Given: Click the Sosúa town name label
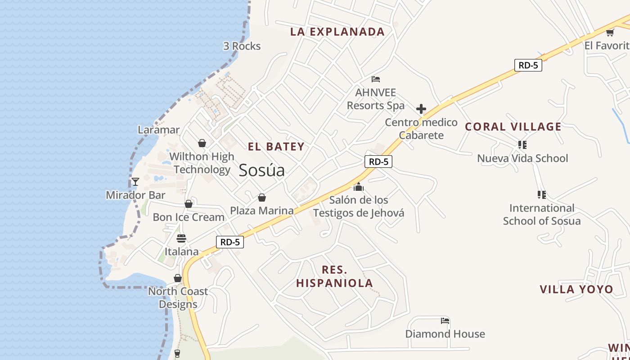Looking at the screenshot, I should (x=261, y=171).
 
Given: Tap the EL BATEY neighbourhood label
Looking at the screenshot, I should (x=276, y=147).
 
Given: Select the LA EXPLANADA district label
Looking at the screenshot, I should (x=337, y=32).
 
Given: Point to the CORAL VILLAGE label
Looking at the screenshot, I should (x=513, y=127).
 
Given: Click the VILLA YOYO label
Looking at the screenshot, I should (x=576, y=289).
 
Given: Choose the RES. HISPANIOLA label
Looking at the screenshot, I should (x=334, y=276).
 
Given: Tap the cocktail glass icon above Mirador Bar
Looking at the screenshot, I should (x=135, y=182).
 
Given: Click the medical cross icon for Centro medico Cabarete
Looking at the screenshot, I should (x=421, y=109).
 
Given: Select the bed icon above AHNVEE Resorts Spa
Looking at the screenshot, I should (x=376, y=80).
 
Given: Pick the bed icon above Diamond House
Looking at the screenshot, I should (x=445, y=321).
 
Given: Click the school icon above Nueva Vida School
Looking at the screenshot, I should (x=522, y=145).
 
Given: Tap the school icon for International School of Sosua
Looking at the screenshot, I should (x=541, y=195).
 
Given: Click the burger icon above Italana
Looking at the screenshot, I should (x=181, y=238).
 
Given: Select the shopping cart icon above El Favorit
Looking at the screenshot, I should (x=610, y=32).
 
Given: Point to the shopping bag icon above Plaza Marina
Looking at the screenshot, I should (x=261, y=198).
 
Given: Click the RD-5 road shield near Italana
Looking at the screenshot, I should (x=230, y=242).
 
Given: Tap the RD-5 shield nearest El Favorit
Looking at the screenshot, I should (x=528, y=65).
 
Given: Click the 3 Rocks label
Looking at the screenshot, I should (x=242, y=46).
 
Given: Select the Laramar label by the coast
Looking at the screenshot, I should (x=158, y=130).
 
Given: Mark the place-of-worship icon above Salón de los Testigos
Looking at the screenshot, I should (x=359, y=186).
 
